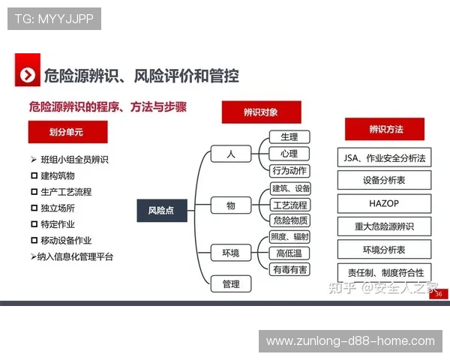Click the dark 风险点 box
[161, 211]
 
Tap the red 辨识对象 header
[260, 112]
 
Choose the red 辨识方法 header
[385, 129]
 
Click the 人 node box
[230, 154]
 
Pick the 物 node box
[230, 205]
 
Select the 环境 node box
[230, 253]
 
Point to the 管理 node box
[230, 283]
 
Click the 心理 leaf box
[289, 154]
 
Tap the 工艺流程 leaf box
[289, 205]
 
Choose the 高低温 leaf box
[289, 253]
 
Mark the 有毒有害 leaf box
[289, 268]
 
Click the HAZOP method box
[384, 203]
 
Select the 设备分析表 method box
[384, 180]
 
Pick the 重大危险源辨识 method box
[384, 226]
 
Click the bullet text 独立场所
[58, 208]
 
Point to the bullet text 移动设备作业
[66, 240]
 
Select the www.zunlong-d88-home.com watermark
[350, 341]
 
